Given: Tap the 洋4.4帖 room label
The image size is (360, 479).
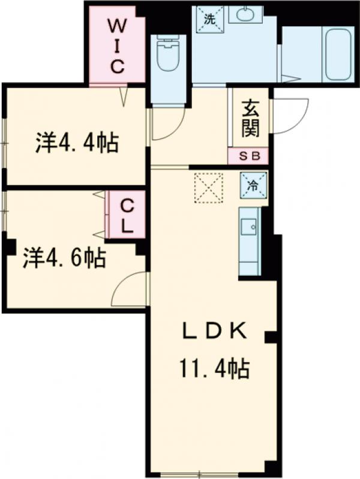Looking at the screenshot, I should (76, 144).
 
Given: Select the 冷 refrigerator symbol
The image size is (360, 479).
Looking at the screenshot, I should (253, 185).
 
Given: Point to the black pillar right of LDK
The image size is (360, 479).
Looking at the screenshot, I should (269, 337).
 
